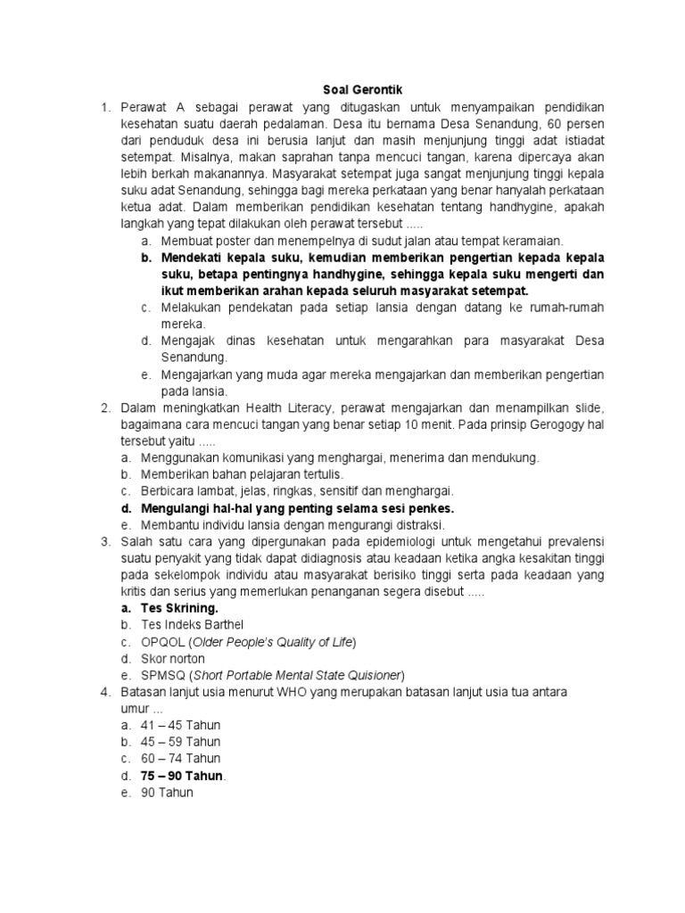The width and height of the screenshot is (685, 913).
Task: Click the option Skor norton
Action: [173, 658]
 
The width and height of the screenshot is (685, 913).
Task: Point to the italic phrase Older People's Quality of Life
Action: [274, 642]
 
